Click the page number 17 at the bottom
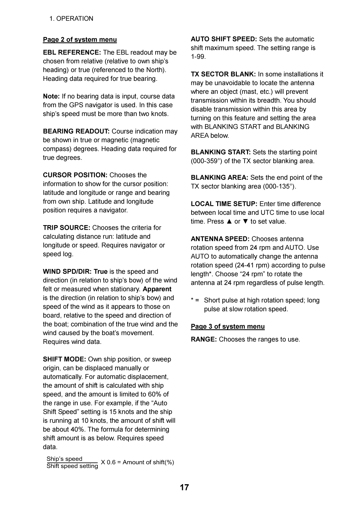(184, 487)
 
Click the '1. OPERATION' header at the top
(71, 19)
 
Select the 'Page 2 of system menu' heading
(80, 39)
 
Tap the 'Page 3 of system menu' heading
(228, 326)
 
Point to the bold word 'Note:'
(51, 96)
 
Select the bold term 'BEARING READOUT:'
(76, 131)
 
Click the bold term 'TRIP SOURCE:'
(67, 228)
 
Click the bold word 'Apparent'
(157, 289)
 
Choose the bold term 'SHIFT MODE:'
(64, 359)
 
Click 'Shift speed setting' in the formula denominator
(72, 466)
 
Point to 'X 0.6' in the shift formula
(108, 462)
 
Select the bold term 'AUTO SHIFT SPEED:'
(224, 39)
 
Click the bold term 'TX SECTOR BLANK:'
(223, 74)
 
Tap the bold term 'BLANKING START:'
(221, 152)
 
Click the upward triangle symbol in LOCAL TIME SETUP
(229, 221)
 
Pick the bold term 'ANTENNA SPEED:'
(220, 239)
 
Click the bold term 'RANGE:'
(204, 340)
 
